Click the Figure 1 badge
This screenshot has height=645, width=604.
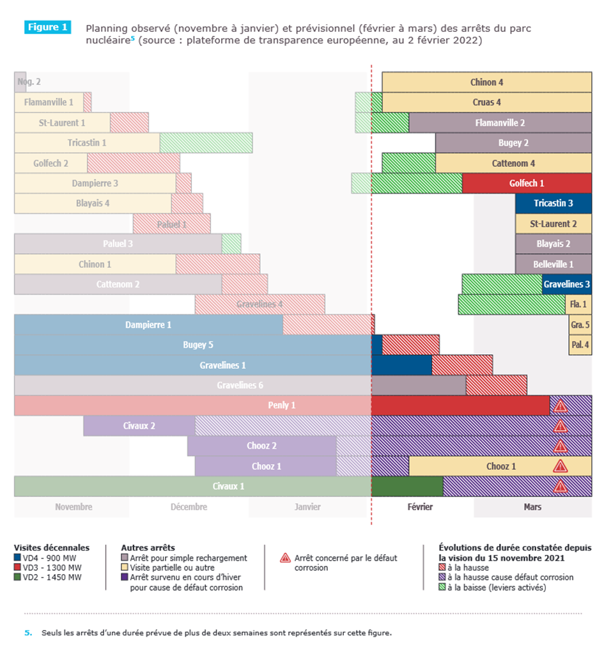[47, 27]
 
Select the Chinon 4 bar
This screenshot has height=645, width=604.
[486, 82]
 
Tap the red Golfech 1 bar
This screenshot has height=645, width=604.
[527, 183]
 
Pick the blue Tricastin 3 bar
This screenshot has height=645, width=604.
[553, 203]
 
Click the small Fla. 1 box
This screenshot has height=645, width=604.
[578, 304]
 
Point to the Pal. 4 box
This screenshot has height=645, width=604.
[580, 345]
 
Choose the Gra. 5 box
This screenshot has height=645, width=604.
[580, 325]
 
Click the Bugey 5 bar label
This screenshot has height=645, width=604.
[198, 345]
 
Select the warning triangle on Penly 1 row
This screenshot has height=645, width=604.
[561, 406]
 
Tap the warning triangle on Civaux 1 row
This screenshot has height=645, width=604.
[561, 486]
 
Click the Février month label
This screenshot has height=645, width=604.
[420, 507]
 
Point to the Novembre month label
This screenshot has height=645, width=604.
[74, 507]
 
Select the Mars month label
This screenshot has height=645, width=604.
[532, 507]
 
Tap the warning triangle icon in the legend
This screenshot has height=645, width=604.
[286, 558]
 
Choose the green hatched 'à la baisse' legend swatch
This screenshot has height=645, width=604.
[442, 587]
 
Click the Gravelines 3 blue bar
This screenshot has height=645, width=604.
[566, 284]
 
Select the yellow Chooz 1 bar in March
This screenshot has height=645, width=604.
[500, 466]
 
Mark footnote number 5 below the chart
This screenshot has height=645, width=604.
[27, 633]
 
